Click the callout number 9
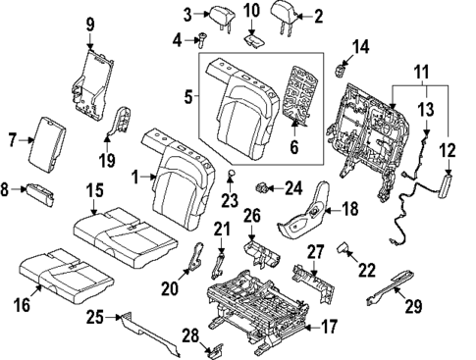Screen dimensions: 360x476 point(89,24)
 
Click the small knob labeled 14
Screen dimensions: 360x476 point(341,68)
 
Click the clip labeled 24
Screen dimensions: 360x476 point(262,186)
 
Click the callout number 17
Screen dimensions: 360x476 point(331,328)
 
